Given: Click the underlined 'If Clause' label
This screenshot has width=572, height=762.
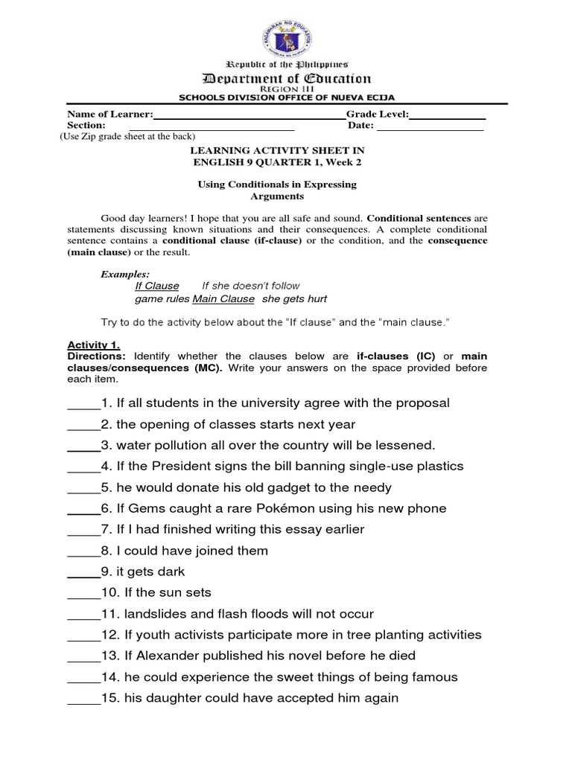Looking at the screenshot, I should (x=156, y=286).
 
